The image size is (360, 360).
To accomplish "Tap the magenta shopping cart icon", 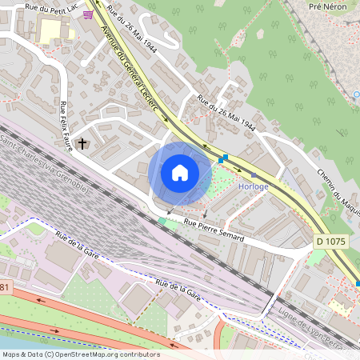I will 88,14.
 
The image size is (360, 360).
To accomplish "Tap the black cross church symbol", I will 82,144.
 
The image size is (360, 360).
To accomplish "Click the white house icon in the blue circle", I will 180,173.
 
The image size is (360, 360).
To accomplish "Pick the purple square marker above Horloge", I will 254,174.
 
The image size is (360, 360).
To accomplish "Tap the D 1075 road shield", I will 330,240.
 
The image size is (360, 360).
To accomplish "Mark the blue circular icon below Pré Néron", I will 356,95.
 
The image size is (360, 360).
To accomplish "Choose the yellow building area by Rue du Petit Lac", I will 53,30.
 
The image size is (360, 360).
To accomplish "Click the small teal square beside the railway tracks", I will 162,220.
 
